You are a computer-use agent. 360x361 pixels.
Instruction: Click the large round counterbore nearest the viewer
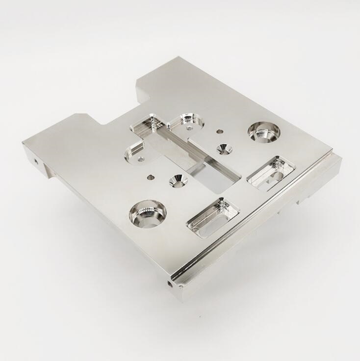147,215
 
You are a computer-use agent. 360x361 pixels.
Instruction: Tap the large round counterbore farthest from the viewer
263,131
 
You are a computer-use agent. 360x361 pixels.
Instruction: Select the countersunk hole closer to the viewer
178,180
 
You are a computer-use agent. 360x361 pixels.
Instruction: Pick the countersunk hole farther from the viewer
224,149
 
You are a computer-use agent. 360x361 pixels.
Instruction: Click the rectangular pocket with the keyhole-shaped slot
271,172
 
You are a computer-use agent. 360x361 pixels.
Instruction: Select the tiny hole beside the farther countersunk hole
219,131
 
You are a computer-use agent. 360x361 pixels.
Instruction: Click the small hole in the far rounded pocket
189,128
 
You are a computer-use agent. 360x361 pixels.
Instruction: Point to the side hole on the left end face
35,161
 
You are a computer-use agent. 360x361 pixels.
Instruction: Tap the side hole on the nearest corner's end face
170,284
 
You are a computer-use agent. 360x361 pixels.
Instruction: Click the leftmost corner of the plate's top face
23,143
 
